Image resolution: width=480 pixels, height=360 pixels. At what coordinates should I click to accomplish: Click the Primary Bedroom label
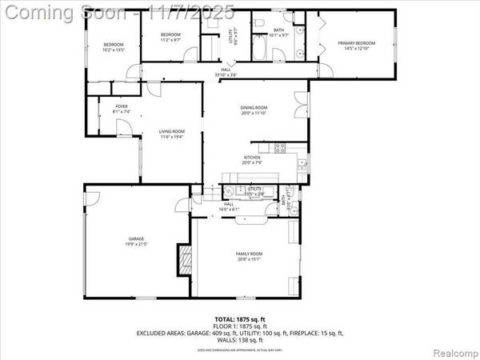coord(354,47)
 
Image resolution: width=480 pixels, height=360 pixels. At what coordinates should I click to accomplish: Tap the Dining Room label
coord(254,110)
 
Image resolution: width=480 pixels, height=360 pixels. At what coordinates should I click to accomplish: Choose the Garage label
coord(137,241)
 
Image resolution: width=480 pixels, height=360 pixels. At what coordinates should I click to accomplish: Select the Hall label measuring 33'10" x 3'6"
coord(226,73)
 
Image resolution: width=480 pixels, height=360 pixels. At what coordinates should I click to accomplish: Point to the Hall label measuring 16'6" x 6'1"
coord(228,206)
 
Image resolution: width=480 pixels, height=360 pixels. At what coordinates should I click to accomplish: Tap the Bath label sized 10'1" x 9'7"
coord(279,31)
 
